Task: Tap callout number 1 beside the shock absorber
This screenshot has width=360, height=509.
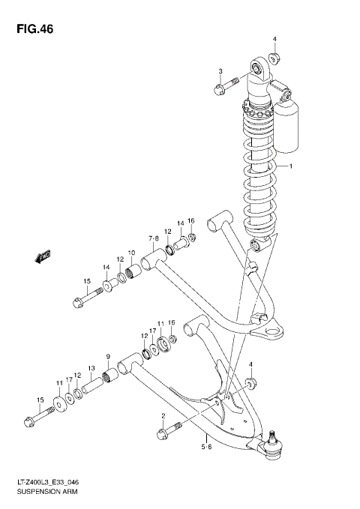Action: click(x=292, y=166)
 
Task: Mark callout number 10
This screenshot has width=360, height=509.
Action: click(x=130, y=253)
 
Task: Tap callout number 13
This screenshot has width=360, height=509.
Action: click(x=91, y=368)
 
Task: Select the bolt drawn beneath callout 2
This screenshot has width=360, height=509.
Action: click(x=169, y=433)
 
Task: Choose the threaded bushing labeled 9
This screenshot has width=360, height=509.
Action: click(x=109, y=373)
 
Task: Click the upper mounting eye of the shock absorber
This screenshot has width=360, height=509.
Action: click(x=260, y=70)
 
